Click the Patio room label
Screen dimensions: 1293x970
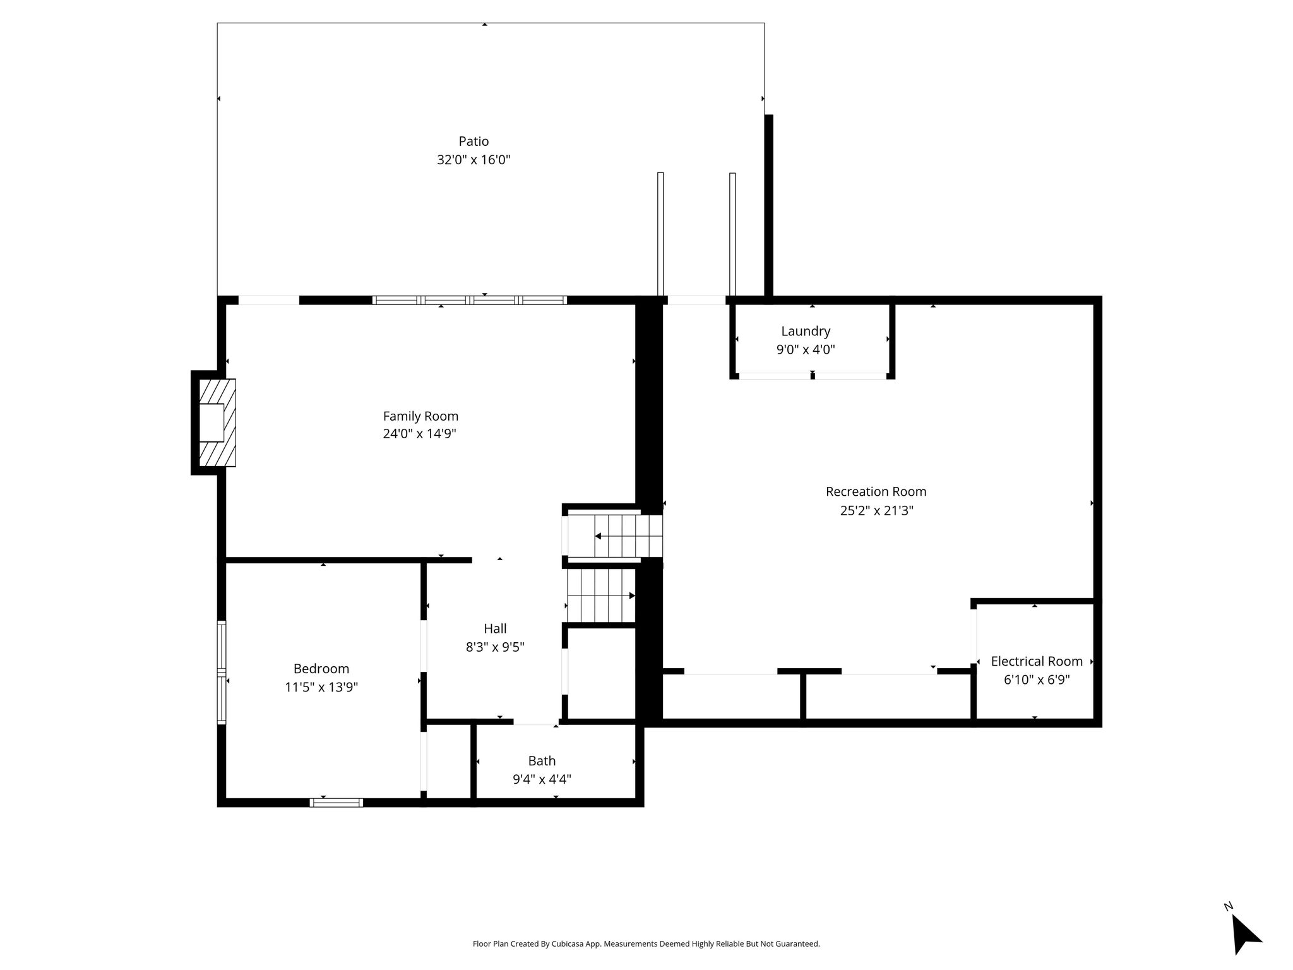tap(474, 141)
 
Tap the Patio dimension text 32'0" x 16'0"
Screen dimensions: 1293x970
tap(474, 160)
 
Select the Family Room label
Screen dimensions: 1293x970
tap(420, 416)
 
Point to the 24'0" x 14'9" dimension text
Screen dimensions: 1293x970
tap(419, 434)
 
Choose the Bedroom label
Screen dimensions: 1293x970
tap(321, 669)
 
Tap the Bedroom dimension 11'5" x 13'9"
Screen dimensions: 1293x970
tap(321, 687)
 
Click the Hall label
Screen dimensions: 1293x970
tap(495, 628)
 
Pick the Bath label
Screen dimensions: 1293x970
tap(542, 761)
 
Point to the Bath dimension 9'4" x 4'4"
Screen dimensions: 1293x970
tap(542, 779)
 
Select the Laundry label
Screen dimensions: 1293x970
tap(806, 332)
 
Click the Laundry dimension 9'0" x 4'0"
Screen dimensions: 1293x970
tap(806, 349)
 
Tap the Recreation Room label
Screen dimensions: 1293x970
tap(876, 491)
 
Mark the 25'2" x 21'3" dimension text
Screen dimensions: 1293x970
tap(877, 510)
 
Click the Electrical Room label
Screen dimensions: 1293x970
tap(1037, 661)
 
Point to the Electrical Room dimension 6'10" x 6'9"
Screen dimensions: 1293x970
tap(1037, 680)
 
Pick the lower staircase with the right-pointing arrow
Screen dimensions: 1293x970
tap(601, 596)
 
